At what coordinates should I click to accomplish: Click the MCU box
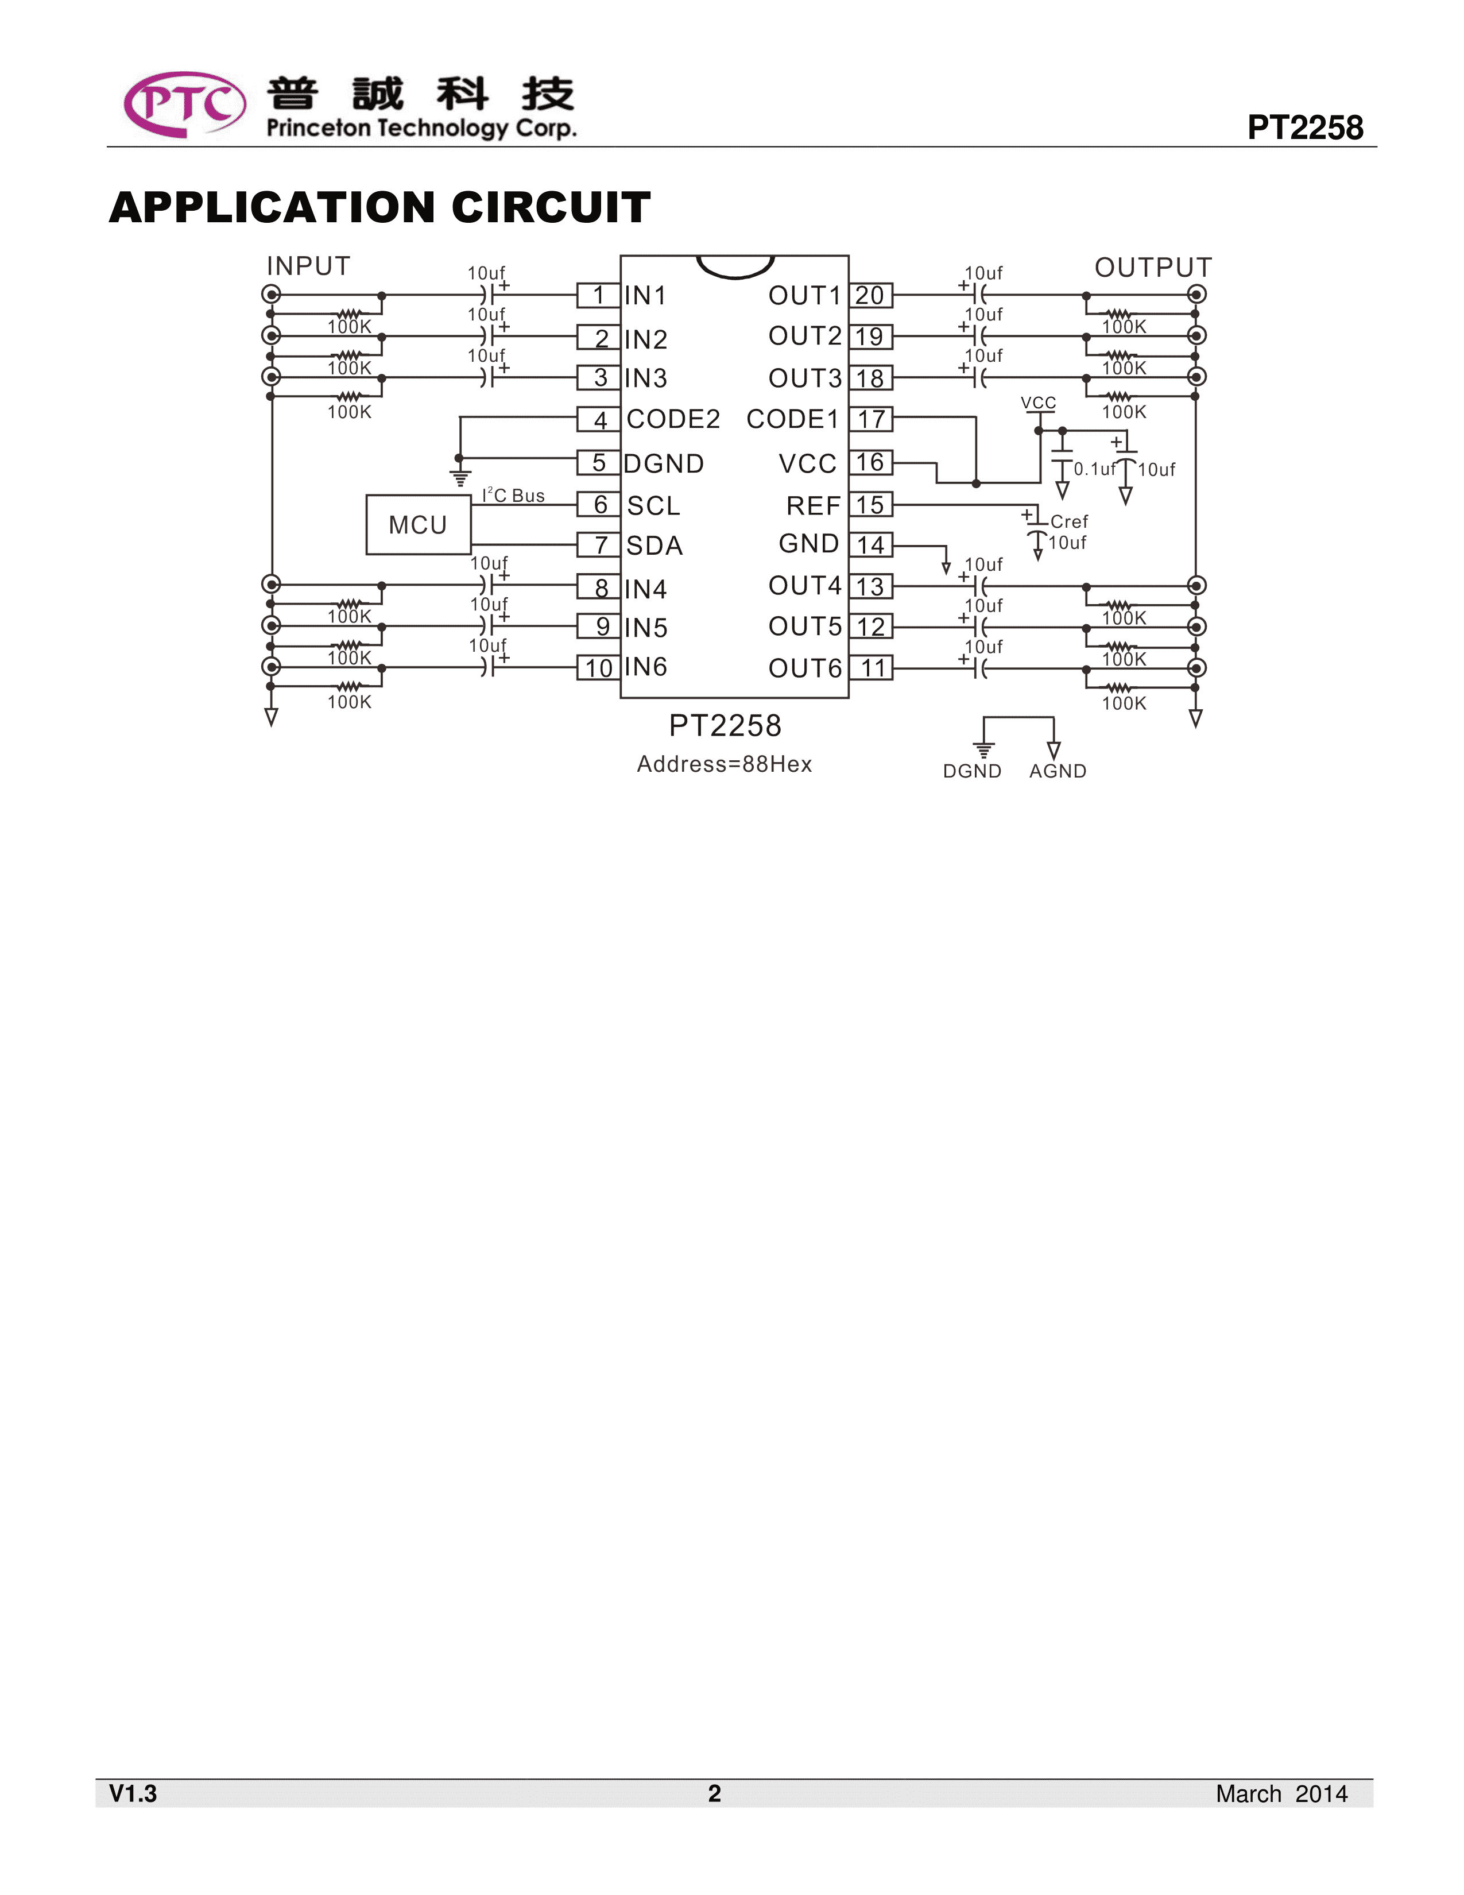[x=418, y=525]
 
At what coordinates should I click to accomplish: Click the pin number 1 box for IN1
[x=598, y=296]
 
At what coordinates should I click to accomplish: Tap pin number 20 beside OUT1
[x=870, y=296]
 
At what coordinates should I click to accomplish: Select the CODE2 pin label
[x=673, y=420]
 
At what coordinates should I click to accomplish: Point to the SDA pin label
[x=655, y=546]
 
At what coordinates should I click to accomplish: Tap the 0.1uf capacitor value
[x=1094, y=469]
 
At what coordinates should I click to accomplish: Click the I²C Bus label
[x=513, y=496]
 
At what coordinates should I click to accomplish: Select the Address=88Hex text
[x=724, y=764]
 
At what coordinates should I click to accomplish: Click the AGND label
[x=1057, y=771]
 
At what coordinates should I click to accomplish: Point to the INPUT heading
[x=308, y=266]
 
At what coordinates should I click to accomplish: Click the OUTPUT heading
[x=1153, y=267]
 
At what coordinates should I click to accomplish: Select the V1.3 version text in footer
[x=133, y=1793]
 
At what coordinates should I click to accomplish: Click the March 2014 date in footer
[x=1281, y=1793]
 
